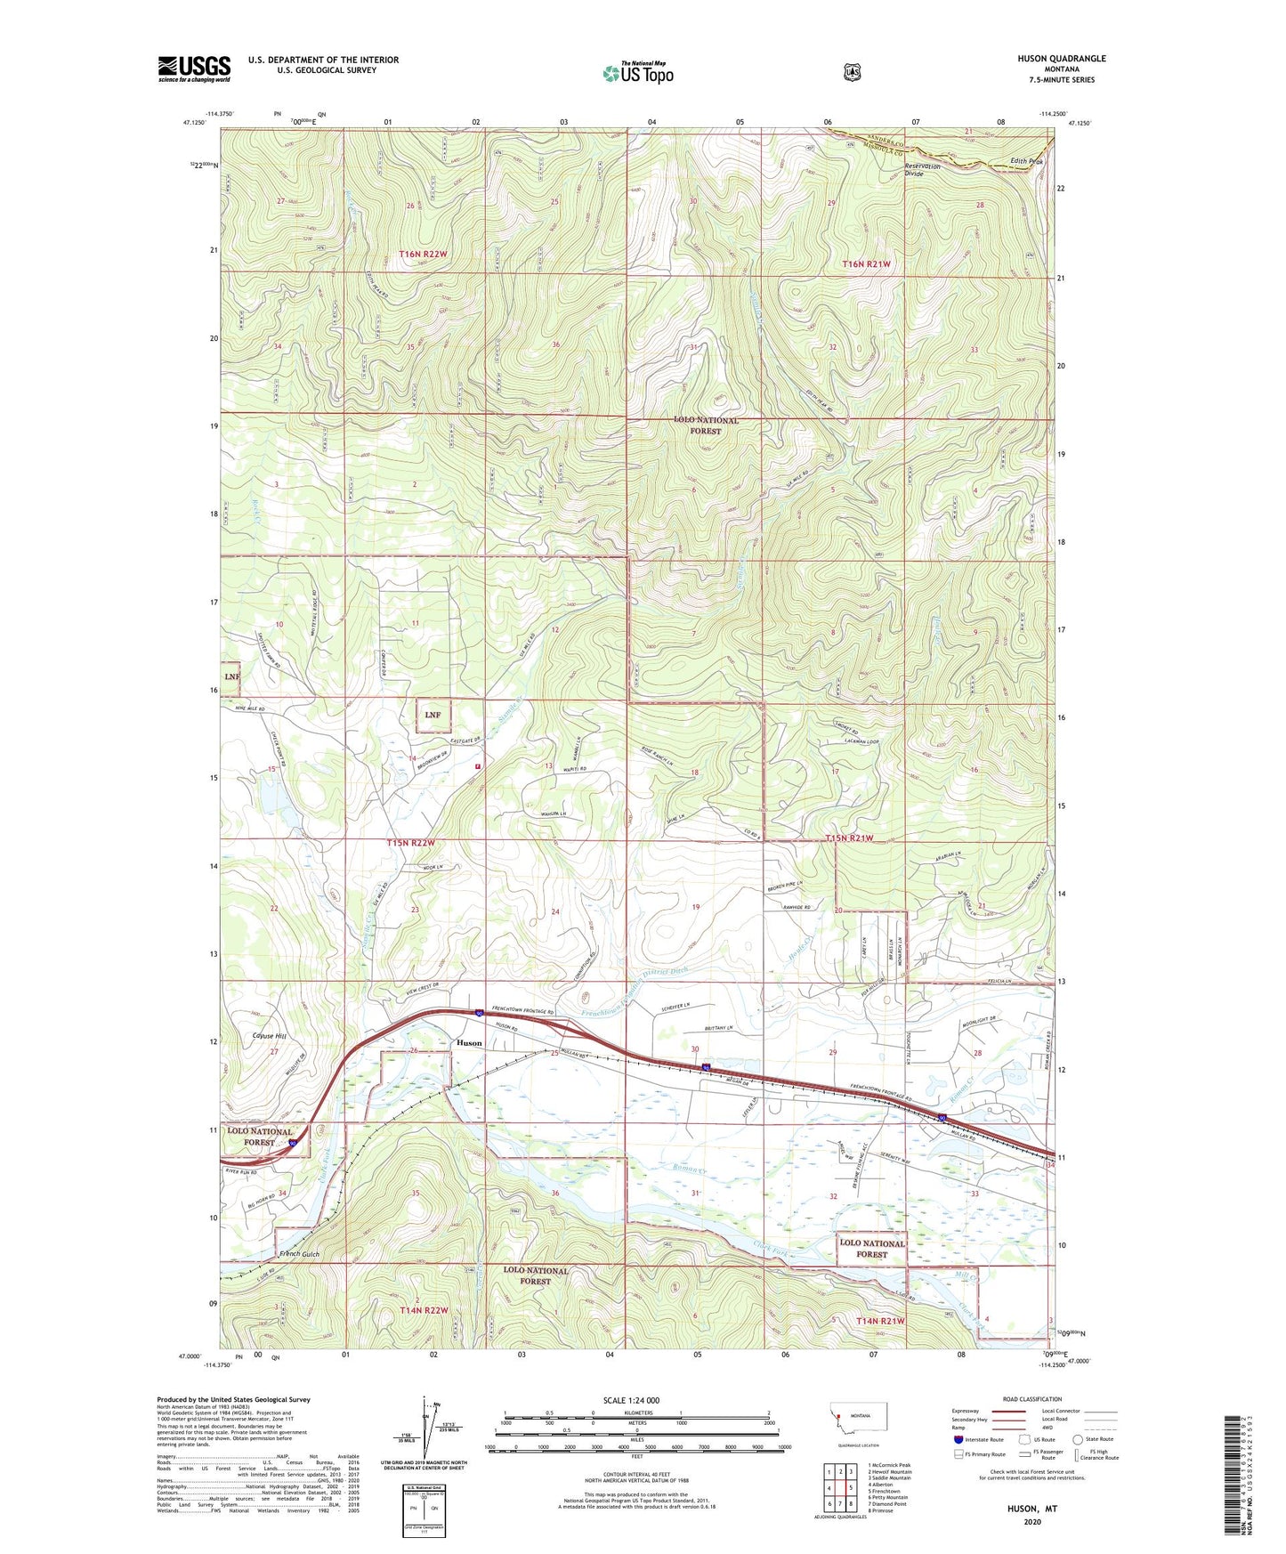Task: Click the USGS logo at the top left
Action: click(194, 69)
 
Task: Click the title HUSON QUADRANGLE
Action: click(1061, 59)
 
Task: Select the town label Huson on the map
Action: click(469, 1042)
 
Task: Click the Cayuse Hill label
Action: click(268, 1036)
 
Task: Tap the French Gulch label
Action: click(299, 1254)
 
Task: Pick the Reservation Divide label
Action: click(922, 170)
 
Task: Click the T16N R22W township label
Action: click(423, 255)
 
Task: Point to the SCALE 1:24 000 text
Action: click(631, 1401)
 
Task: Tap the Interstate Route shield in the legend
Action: click(958, 1438)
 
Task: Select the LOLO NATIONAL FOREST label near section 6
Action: click(706, 425)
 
